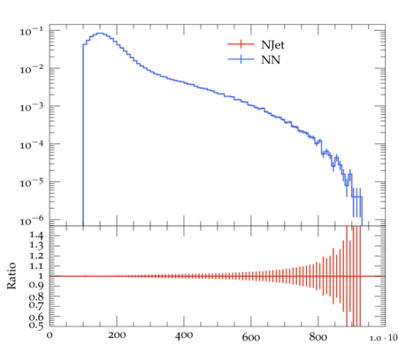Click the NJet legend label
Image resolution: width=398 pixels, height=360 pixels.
(272, 45)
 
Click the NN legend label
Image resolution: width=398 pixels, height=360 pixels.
(271, 60)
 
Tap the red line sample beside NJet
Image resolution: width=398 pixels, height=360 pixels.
(241, 44)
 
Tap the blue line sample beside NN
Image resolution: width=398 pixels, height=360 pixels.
(241, 59)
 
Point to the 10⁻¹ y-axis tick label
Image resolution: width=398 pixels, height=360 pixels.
(32, 31)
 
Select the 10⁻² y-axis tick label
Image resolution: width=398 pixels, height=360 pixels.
(32, 69)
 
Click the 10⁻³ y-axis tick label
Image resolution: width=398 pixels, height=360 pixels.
(32, 107)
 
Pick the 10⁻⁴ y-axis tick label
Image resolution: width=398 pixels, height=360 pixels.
(32, 144)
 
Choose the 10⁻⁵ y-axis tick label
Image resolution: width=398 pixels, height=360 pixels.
(32, 182)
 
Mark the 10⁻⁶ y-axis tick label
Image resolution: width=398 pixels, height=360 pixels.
(32, 220)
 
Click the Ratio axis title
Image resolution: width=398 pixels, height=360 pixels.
(11, 276)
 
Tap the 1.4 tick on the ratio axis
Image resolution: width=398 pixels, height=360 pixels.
(36, 235)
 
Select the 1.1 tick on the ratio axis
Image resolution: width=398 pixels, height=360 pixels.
(36, 266)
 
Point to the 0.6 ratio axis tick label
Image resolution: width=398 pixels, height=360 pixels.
(36, 318)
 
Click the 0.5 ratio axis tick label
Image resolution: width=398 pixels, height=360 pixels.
(36, 326)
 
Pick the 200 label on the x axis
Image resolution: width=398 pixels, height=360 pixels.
(117, 335)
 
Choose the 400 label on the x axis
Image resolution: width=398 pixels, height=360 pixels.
(184, 335)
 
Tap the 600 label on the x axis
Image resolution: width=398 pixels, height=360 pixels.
(251, 337)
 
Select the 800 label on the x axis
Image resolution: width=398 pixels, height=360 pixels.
(318, 336)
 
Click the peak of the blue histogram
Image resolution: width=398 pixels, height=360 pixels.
(100, 33)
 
